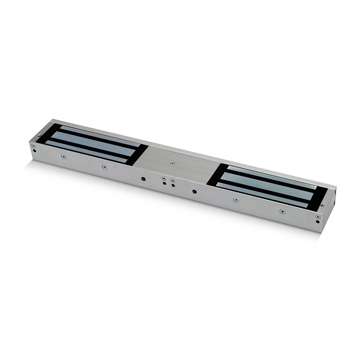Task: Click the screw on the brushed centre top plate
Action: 172,164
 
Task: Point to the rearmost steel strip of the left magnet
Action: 99,134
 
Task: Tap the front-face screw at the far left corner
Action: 33,146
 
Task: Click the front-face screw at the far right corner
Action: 318,217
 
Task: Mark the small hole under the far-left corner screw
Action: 35,150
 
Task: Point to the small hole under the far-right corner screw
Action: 318,222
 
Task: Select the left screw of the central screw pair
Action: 164,179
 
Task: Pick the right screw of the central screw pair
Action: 173,180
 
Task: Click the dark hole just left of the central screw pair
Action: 143,179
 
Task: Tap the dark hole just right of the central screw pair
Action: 194,192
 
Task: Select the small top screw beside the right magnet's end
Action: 322,205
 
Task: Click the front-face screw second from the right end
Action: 283,211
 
